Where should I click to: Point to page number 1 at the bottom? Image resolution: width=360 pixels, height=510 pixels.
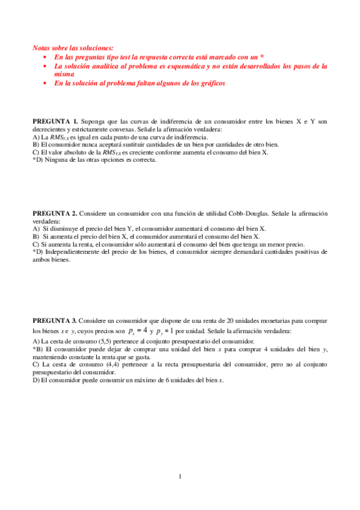pyautogui.click(x=180, y=478)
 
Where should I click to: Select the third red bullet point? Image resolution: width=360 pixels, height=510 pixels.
pyautogui.click(x=45, y=84)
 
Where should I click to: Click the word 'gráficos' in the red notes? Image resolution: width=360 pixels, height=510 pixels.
pyautogui.click(x=212, y=84)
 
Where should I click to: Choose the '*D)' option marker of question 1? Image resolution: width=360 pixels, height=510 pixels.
pyautogui.click(x=39, y=161)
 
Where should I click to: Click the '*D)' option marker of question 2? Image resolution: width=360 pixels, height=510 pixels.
pyautogui.click(x=39, y=252)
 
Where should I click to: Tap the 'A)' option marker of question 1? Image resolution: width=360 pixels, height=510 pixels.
pyautogui.click(x=36, y=137)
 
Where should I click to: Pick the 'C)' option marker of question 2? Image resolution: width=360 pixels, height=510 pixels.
pyautogui.click(x=36, y=244)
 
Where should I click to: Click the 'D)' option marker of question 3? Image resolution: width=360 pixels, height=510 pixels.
pyautogui.click(x=36, y=380)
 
